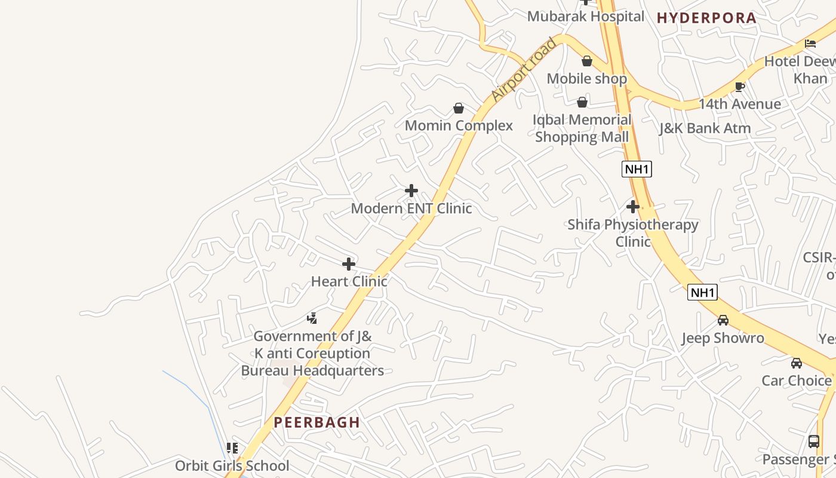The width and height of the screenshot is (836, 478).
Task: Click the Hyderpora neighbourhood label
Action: point(706,18)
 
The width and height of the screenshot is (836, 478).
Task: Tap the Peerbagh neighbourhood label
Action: point(316,422)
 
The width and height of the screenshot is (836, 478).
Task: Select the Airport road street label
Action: point(523,70)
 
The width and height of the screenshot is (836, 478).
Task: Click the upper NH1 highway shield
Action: point(637,169)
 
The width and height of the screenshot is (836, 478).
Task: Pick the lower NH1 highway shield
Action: point(702,292)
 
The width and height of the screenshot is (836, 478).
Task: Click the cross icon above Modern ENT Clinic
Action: point(411,191)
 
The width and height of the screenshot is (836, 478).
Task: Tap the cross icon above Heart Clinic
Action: point(349,263)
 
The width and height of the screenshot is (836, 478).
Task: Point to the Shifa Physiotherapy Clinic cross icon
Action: point(633,207)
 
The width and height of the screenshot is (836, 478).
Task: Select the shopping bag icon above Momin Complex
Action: point(459,108)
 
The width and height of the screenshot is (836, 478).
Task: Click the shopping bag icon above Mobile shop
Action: point(587,61)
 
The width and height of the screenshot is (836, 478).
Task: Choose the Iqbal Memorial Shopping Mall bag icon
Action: point(582,103)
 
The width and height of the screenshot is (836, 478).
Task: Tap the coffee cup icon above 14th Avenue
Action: point(740,87)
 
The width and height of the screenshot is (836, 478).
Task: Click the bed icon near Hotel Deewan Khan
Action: point(810,43)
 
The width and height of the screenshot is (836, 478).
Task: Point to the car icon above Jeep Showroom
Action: point(723,320)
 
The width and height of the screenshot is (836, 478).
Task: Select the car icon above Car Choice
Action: point(797,363)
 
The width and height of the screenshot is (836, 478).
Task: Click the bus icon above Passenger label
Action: point(813,442)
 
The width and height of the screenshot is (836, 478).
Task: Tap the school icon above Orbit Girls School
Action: point(232,448)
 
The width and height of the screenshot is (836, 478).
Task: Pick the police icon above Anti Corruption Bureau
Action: point(312,318)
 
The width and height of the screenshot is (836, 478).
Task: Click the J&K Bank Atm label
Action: point(705,128)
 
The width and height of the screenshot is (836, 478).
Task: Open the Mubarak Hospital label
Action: point(585,17)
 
